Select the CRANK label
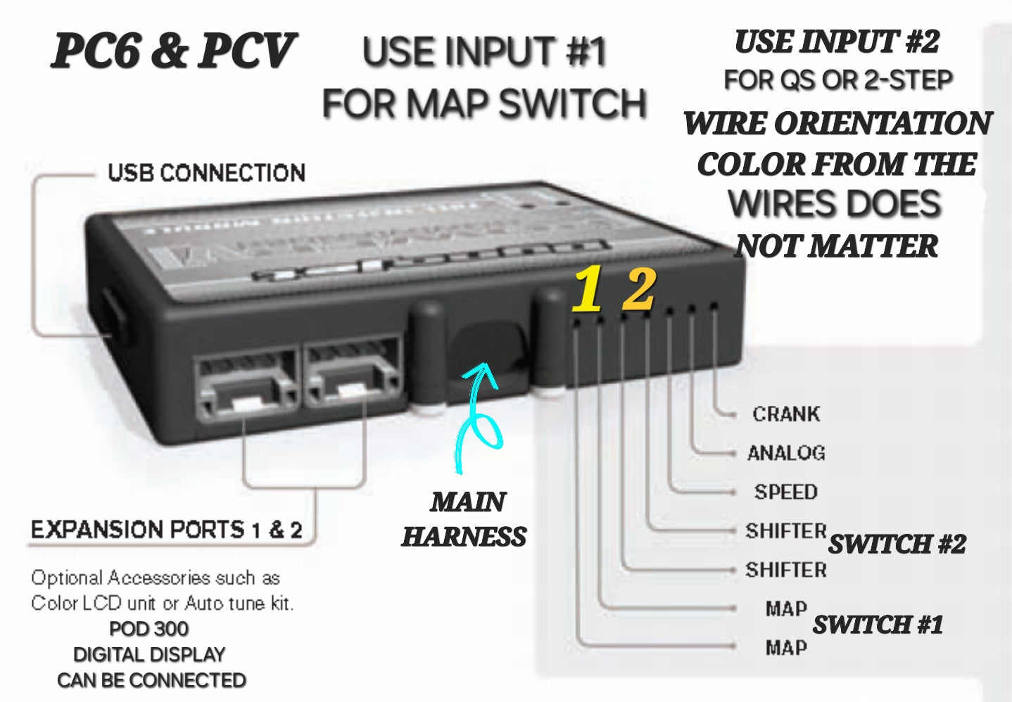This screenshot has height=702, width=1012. tap(786, 414)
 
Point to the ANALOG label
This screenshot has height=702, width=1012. tap(786, 452)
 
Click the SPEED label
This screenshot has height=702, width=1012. tap(786, 492)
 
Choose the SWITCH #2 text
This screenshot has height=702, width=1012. tap(897, 544)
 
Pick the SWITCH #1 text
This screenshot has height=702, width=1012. tap(878, 624)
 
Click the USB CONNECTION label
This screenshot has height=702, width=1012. tap(206, 173)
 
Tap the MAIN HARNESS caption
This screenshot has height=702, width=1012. tap(465, 519)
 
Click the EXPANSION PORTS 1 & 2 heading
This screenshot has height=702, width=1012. tap(167, 530)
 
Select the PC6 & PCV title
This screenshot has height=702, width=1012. tap(173, 51)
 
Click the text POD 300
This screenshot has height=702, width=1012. tap(149, 628)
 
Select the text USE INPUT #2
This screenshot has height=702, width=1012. tap(837, 42)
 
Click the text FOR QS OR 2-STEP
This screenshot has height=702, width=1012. tap(838, 80)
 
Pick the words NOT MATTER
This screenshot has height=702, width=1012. tap(837, 246)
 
